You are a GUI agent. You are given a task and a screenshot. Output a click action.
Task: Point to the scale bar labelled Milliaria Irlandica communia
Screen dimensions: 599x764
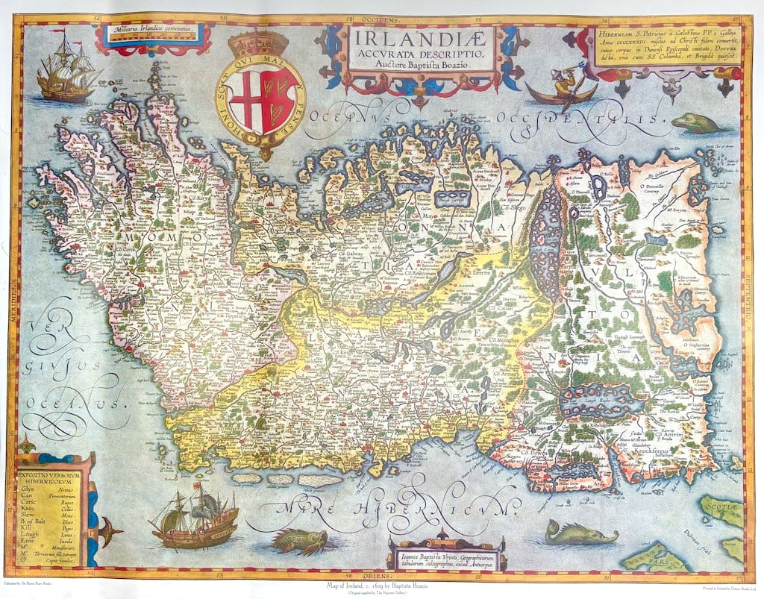pyautogui.click(x=152, y=34)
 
